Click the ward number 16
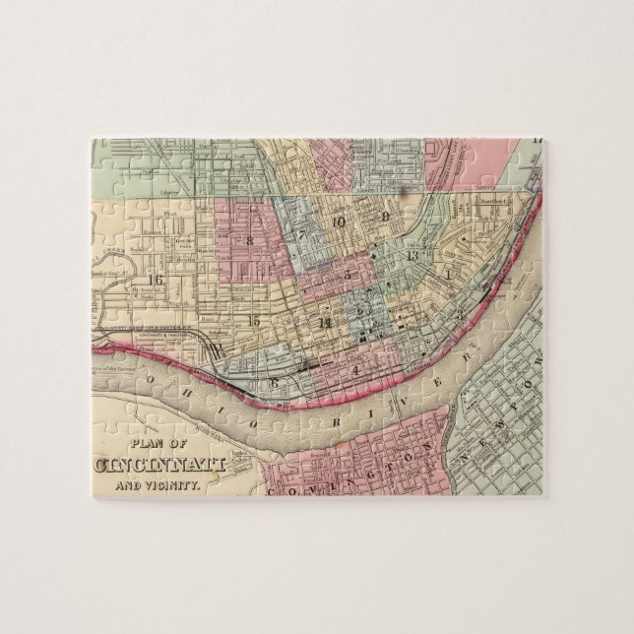click(x=155, y=280)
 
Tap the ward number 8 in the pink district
click(x=250, y=239)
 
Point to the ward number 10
click(x=338, y=222)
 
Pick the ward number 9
click(x=387, y=217)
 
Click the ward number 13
click(x=412, y=256)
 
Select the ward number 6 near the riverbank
click(x=275, y=381)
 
